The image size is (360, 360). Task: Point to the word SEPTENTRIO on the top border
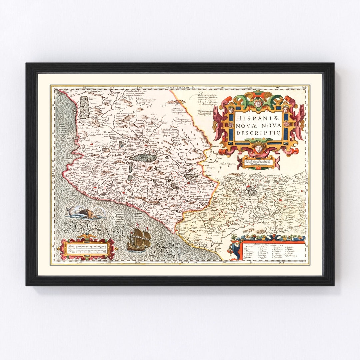[179, 87]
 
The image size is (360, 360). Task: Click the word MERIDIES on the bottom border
[179, 262]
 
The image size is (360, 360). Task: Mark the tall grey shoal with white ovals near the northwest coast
[84, 107]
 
